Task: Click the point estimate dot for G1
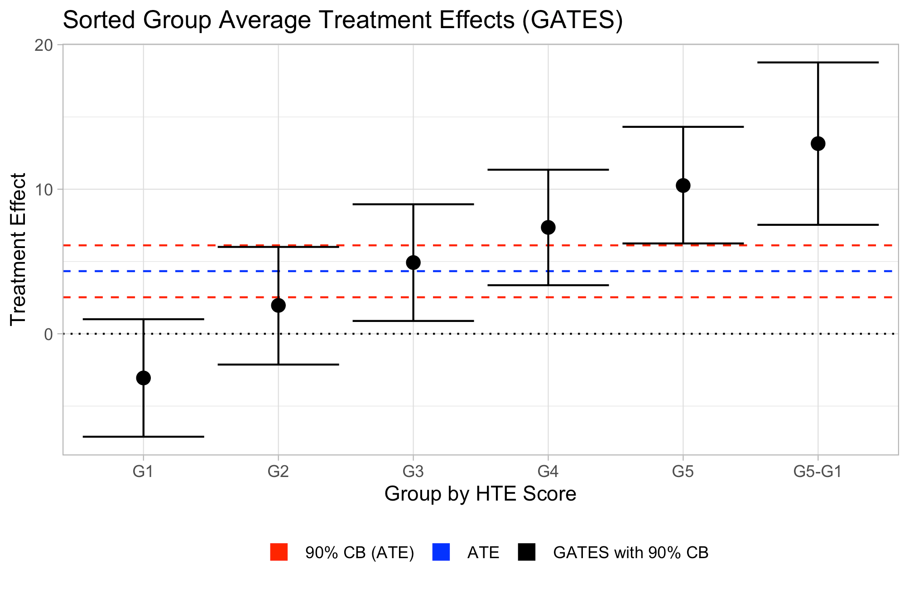144,378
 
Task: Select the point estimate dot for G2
278,305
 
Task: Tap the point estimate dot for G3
413,263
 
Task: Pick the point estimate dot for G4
548,227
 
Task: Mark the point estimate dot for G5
683,185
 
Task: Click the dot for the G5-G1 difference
818,144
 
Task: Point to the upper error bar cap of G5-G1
818,62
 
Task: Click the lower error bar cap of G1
144,437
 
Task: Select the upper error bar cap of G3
413,204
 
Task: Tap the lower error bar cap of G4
548,285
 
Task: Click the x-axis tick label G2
278,472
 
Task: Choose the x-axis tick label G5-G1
818,472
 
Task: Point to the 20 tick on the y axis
43,45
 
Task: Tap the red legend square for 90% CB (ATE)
279,552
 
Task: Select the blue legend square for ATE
441,552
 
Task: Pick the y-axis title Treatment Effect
18,249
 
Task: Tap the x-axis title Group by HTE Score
480,494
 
